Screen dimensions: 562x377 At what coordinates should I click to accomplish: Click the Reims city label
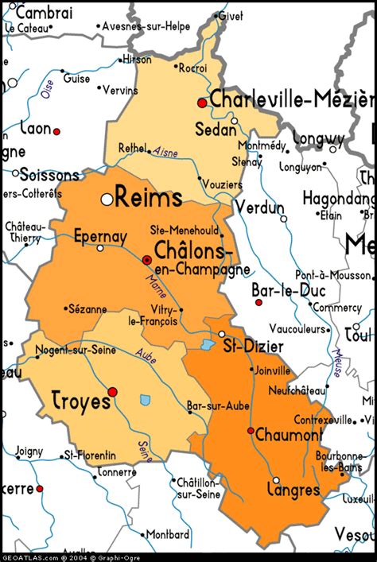coord(149,198)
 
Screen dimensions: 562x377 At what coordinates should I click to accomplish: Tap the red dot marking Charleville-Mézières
coord(202,103)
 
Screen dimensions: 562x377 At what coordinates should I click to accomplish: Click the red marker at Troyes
coord(113,392)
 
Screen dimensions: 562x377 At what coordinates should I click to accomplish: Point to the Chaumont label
coord(290,434)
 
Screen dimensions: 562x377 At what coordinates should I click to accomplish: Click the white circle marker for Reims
coord(107,200)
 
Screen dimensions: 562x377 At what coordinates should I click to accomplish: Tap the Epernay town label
coord(99,235)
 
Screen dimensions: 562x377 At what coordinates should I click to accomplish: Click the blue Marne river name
coord(155,285)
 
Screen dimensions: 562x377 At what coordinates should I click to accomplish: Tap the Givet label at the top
coord(230,16)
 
